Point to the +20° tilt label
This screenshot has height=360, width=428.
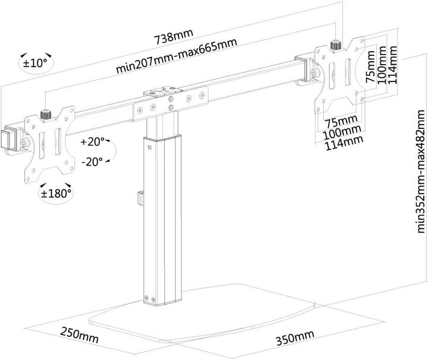point(93,141)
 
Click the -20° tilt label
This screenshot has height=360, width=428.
point(93,160)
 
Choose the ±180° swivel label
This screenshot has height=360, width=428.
point(56,192)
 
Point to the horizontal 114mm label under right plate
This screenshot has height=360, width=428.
point(343,140)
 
